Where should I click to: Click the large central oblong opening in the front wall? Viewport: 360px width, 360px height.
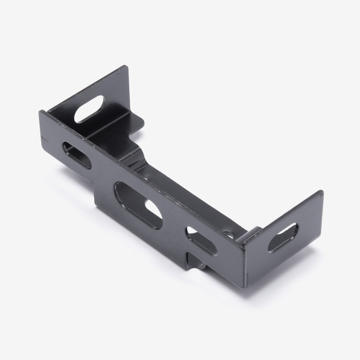[x=139, y=203]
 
